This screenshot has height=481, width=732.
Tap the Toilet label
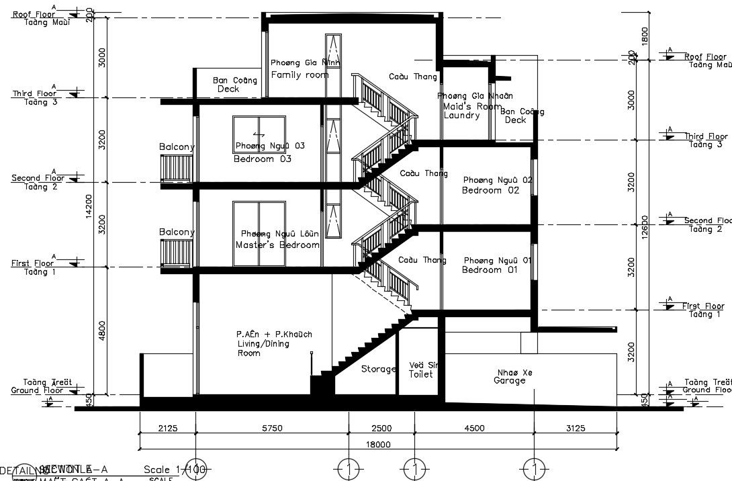pos(421,374)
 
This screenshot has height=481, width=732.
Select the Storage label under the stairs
pos(378,369)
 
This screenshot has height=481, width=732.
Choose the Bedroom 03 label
pos(263,159)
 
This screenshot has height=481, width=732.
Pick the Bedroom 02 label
pos(491,190)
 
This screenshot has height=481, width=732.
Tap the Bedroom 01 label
pos(490,269)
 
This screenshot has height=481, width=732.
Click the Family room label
pos(300,75)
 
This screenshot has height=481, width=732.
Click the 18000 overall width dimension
pos(378,444)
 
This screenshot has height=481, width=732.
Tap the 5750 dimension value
pos(272,428)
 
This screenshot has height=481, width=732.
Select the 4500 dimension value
pos(474,428)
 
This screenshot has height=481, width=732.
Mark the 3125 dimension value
pos(576,428)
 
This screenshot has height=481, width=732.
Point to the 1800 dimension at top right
pos(645,35)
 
